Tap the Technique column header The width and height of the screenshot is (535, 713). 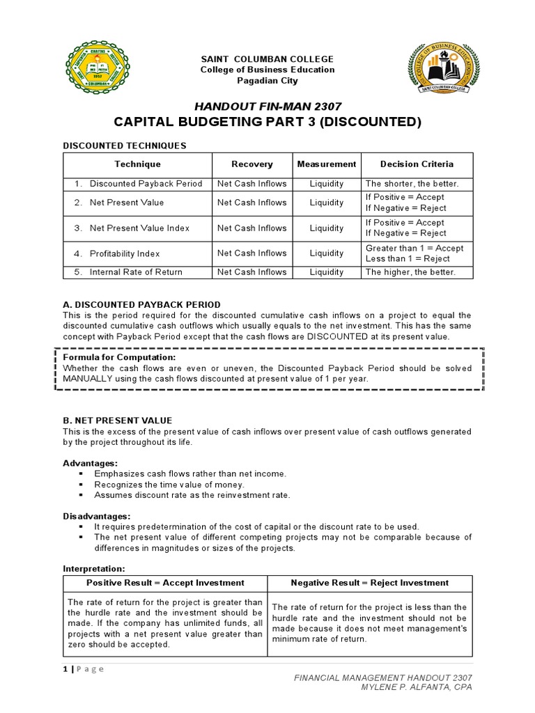[138, 164]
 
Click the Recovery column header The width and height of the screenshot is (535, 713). [252, 164]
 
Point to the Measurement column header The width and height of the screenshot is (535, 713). [327, 164]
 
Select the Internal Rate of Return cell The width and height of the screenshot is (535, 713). [136, 272]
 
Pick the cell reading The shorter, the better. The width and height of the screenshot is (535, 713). [412, 184]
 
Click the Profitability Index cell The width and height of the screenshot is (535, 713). [125, 253]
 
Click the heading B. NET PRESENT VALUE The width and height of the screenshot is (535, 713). [118, 421]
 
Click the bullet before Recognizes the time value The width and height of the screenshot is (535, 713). [82, 484]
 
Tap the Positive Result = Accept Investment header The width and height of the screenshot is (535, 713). [165, 583]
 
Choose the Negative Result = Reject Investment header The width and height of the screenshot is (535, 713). [370, 583]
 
